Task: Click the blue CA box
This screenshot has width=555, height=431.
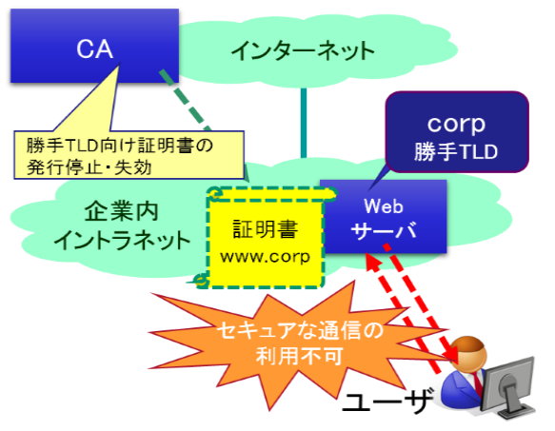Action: point(94,46)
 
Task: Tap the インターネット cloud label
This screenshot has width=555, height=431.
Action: point(304,50)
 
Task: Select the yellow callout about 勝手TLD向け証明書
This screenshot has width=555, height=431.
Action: point(129,155)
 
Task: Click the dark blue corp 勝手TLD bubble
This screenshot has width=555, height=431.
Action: point(457,132)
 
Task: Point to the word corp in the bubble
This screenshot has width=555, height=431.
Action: point(456,124)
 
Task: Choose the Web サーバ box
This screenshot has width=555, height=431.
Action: point(384,217)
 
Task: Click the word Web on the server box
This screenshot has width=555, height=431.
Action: point(384,206)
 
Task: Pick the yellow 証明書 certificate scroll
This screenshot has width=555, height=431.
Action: point(266,237)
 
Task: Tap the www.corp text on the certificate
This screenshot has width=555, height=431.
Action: point(265,256)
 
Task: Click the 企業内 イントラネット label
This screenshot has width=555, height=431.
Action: point(122,226)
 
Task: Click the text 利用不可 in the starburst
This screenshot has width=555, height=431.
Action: point(300,356)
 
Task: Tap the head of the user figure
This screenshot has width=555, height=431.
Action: point(469,352)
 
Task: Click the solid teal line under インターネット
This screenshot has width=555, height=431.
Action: point(304,123)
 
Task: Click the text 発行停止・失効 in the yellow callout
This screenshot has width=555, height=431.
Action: point(89,167)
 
